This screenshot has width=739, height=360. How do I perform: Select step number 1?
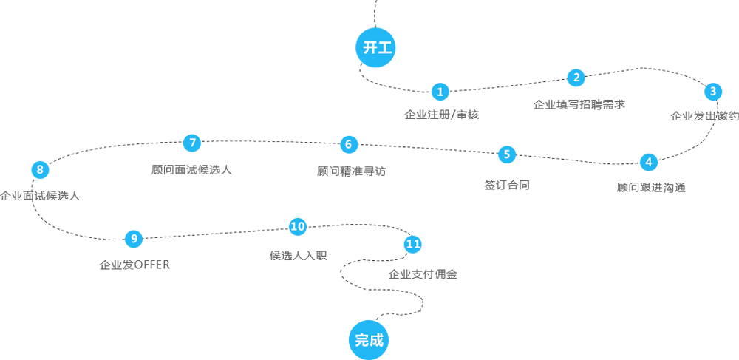[x=440, y=92]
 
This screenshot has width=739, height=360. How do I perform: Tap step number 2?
[x=576, y=78]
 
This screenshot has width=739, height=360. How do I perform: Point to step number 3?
[x=712, y=92]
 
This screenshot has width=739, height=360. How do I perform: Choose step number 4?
[x=649, y=162]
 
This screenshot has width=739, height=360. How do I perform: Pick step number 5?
[x=507, y=154]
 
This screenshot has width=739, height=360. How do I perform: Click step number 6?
[x=348, y=144]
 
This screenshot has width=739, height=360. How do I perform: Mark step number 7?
[x=192, y=143]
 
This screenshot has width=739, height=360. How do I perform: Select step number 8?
[x=40, y=170]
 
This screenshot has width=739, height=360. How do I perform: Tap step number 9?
[x=134, y=238]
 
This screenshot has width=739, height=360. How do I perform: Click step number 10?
[x=297, y=227]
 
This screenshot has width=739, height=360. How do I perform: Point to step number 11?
[x=412, y=244]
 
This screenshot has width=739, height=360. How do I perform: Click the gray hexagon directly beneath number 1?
[x=440, y=116]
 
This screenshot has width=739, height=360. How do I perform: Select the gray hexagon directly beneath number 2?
[x=576, y=111]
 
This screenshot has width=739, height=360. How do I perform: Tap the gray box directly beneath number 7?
[x=194, y=177]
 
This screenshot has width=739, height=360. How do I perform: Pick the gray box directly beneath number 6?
[x=347, y=176]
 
